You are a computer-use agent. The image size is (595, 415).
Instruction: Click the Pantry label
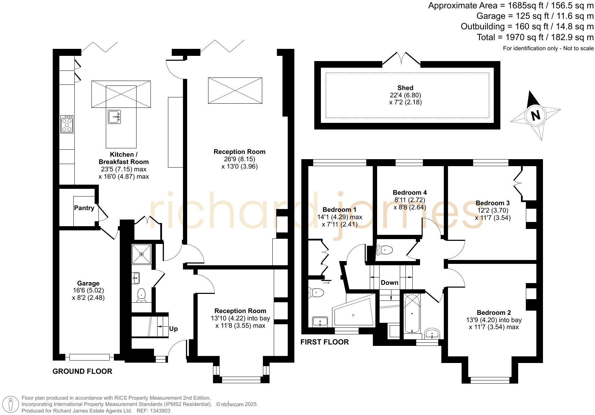pyautogui.click(x=84, y=208)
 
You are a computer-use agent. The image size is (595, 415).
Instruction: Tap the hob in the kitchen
pyautogui.click(x=67, y=124)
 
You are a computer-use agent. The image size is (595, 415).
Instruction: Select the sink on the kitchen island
pyautogui.click(x=114, y=117)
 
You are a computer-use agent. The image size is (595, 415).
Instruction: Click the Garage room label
pyautogui.click(x=88, y=283)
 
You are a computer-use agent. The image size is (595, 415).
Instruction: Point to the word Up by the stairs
pyautogui.click(x=174, y=329)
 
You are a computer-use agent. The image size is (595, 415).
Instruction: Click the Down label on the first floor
pyautogui.click(x=389, y=282)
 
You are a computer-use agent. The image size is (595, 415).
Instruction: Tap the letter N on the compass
pyautogui.click(x=535, y=115)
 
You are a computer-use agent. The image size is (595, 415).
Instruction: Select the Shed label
pyautogui.click(x=405, y=88)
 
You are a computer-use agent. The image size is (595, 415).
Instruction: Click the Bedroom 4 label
pyautogui.click(x=410, y=193)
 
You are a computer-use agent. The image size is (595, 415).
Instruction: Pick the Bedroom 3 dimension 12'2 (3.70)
pyautogui.click(x=493, y=210)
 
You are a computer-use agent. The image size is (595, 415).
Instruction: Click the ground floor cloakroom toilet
pyautogui.click(x=141, y=295)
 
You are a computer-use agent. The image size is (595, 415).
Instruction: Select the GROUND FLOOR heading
pyautogui.click(x=82, y=371)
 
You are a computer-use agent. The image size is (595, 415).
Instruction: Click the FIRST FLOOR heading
pyautogui.click(x=324, y=342)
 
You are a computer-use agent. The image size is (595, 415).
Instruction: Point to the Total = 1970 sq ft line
pyautogui.click(x=535, y=37)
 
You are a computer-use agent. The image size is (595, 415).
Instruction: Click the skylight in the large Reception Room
pyautogui.click(x=235, y=90)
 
